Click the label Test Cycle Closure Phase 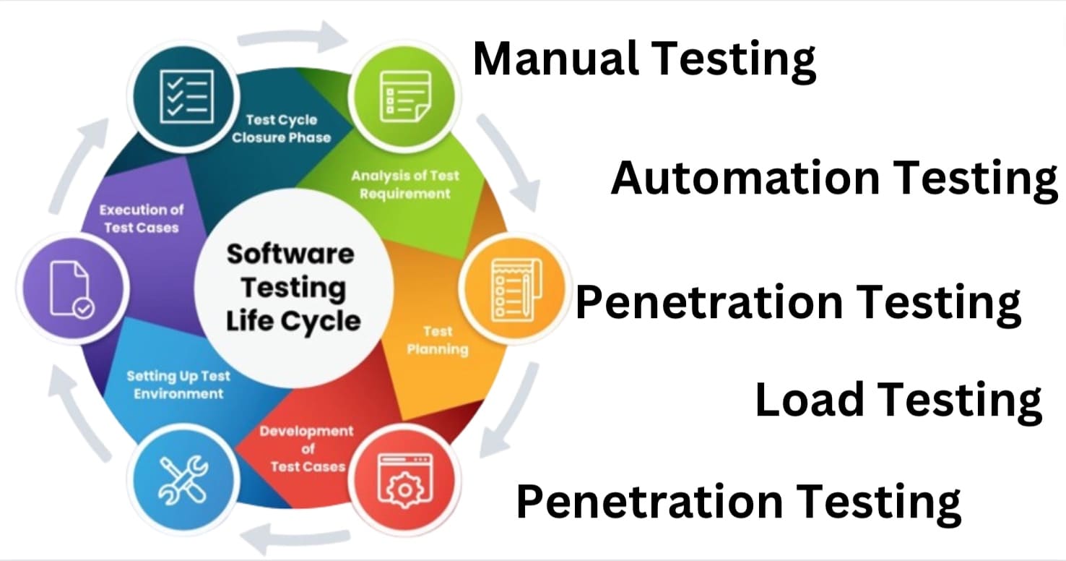(281, 128)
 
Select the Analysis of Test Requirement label (404, 184)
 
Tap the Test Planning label (437, 340)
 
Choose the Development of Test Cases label (307, 448)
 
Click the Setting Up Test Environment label (178, 385)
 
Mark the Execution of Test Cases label (142, 218)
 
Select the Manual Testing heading (644, 59)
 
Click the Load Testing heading (898, 400)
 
